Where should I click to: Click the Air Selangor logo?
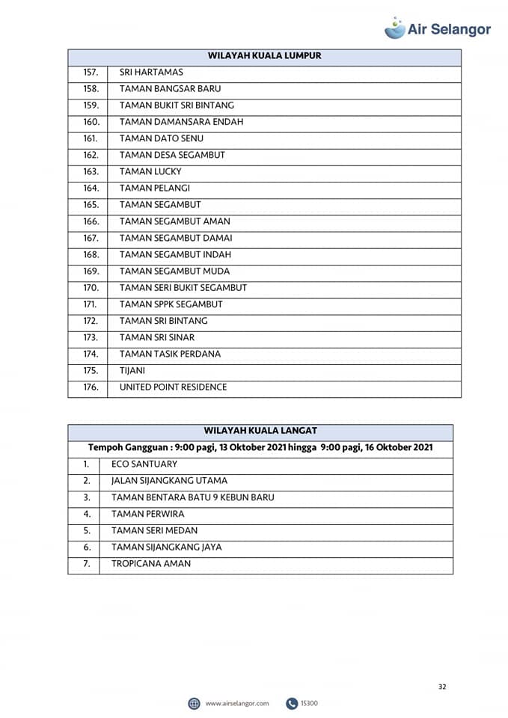438,28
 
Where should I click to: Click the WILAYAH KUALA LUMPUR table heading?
264,56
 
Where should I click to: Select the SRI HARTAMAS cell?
151,73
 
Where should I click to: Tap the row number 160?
91,122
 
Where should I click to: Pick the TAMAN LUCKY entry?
150,171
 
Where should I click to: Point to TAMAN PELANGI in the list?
155,188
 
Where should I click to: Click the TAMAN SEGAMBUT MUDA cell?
174,271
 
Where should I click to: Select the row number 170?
91,288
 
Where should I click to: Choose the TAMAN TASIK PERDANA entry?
170,354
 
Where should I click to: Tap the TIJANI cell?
132,370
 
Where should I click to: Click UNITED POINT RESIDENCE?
173,387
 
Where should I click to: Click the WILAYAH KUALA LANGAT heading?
260,431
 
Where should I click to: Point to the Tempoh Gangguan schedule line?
260,447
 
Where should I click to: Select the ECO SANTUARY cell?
144,464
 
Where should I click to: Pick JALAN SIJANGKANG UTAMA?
169,481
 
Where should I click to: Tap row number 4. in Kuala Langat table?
87,514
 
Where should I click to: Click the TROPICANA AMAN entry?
151,564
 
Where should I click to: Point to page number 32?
442,687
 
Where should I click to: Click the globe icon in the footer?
195,703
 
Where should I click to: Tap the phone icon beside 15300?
292,703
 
